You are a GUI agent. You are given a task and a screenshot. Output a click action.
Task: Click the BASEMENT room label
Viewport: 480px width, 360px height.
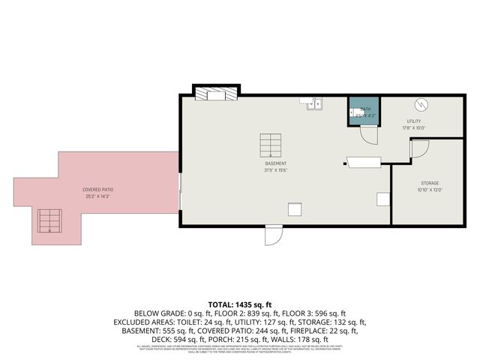click(x=275, y=163)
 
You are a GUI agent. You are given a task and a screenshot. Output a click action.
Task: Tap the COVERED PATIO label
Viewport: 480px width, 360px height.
click(x=97, y=190)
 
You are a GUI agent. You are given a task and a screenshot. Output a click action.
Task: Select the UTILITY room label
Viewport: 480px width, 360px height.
click(x=414, y=121)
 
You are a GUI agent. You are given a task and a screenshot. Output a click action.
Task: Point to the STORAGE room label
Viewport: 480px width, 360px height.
click(x=429, y=183)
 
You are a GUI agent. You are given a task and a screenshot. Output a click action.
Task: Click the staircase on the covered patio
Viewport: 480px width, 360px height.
click(x=49, y=220)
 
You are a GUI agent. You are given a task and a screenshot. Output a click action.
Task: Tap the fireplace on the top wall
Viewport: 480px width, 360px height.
click(x=216, y=93)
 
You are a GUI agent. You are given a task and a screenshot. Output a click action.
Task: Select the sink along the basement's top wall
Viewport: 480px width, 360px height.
click(x=313, y=104)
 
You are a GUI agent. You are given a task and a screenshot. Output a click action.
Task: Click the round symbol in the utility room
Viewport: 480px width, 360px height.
click(x=421, y=104)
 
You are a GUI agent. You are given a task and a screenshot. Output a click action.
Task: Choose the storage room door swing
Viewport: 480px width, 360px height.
click(x=418, y=148)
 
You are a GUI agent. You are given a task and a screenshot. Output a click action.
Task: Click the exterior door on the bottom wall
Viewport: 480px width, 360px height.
click(x=273, y=235)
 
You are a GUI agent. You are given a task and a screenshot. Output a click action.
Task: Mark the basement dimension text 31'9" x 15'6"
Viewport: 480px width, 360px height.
click(x=275, y=170)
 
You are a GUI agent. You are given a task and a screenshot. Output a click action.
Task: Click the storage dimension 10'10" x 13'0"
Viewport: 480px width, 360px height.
click(x=429, y=190)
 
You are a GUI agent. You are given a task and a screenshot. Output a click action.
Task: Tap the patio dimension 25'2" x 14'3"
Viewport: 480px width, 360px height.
click(x=97, y=196)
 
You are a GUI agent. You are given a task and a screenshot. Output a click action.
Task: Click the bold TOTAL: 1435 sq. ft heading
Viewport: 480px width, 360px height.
click(x=240, y=304)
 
